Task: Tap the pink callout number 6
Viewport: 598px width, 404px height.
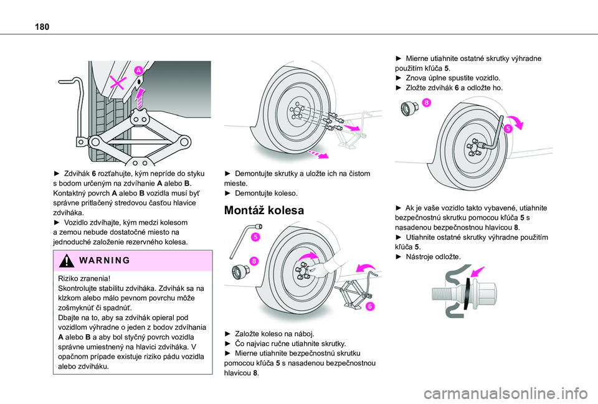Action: pos(368,306)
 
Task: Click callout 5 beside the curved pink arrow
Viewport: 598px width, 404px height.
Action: pos(508,128)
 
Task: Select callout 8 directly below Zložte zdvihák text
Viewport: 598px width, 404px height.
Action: pos(426,102)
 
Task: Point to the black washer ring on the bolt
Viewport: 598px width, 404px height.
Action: pos(468,293)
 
